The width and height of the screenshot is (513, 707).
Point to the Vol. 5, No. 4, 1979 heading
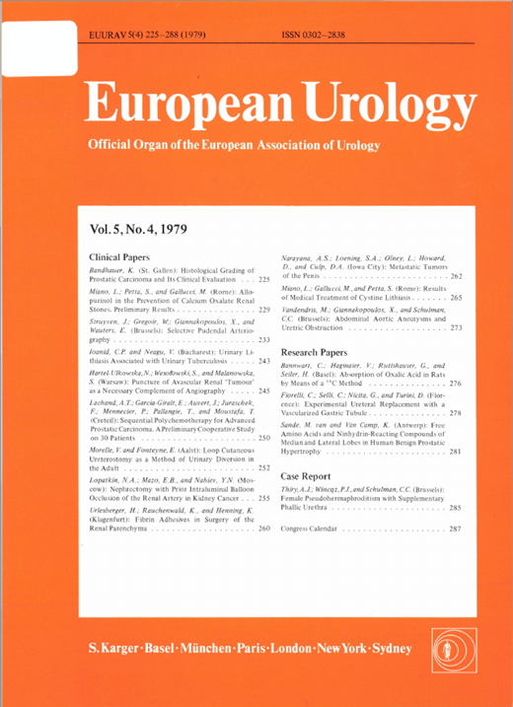(145, 232)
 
